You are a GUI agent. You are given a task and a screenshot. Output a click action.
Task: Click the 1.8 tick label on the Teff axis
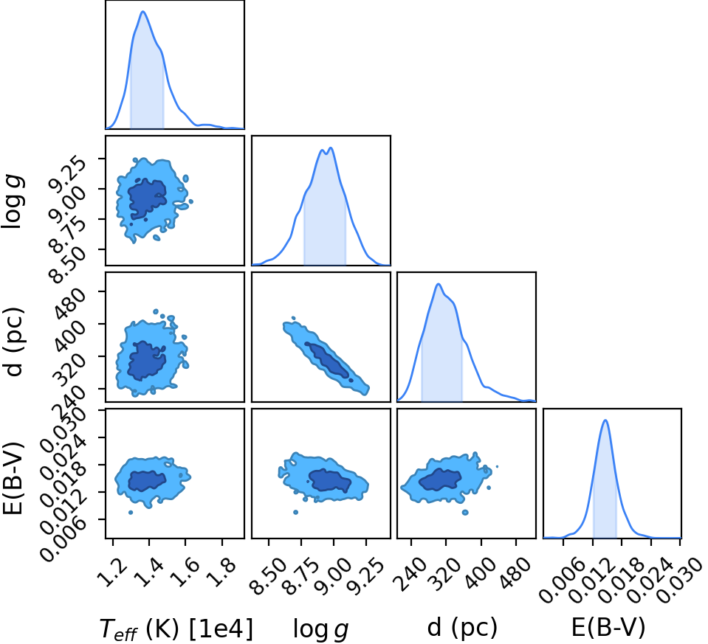(x=224, y=566)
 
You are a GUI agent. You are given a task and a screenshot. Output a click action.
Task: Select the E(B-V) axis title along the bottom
(x=608, y=627)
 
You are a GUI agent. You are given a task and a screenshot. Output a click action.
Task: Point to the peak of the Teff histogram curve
(x=143, y=11)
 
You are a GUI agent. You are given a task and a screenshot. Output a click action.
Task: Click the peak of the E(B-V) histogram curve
(x=605, y=420)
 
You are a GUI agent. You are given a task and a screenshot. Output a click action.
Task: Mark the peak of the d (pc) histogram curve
(x=438, y=284)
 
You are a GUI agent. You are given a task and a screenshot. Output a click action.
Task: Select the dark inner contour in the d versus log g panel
(x=327, y=359)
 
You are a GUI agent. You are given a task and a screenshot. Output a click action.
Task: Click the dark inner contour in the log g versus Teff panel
(x=147, y=199)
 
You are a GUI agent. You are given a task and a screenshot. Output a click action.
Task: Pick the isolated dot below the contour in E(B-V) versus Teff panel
(x=131, y=512)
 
